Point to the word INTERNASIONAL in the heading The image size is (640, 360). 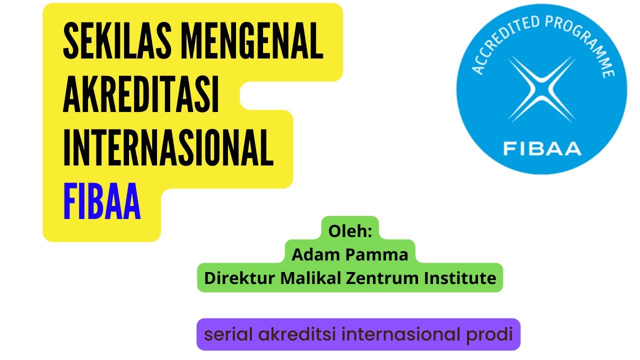(x=168, y=148)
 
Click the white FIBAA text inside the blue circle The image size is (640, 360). (x=542, y=148)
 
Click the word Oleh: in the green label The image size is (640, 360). (x=349, y=231)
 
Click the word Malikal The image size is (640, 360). (x=310, y=277)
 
